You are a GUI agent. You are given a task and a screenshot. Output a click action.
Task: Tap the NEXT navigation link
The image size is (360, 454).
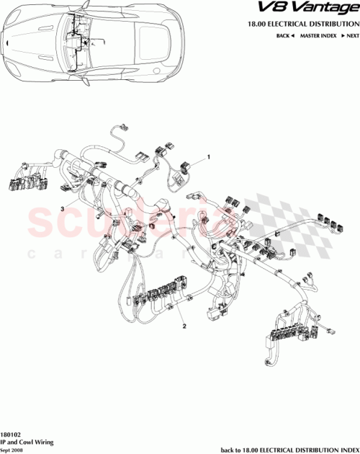pos(351,35)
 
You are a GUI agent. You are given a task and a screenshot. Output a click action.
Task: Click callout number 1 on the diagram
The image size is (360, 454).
pos(209,156)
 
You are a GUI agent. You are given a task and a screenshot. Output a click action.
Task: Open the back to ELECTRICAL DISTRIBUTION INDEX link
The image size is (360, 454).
pos(287,447)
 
